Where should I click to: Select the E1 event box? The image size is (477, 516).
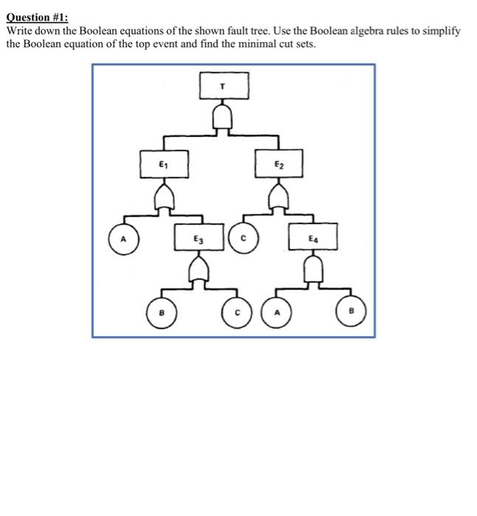coord(164,164)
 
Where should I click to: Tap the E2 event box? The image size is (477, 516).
coord(278,164)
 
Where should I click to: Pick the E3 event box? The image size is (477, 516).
coord(198,237)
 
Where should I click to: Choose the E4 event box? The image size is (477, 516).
coord(313,237)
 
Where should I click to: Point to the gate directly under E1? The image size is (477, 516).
coord(164,197)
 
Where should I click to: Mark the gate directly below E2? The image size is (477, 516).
coord(278,197)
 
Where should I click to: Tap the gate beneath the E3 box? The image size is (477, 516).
coord(198,272)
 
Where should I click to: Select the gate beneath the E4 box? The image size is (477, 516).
coord(313,272)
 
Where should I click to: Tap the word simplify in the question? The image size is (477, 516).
coord(442,31)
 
